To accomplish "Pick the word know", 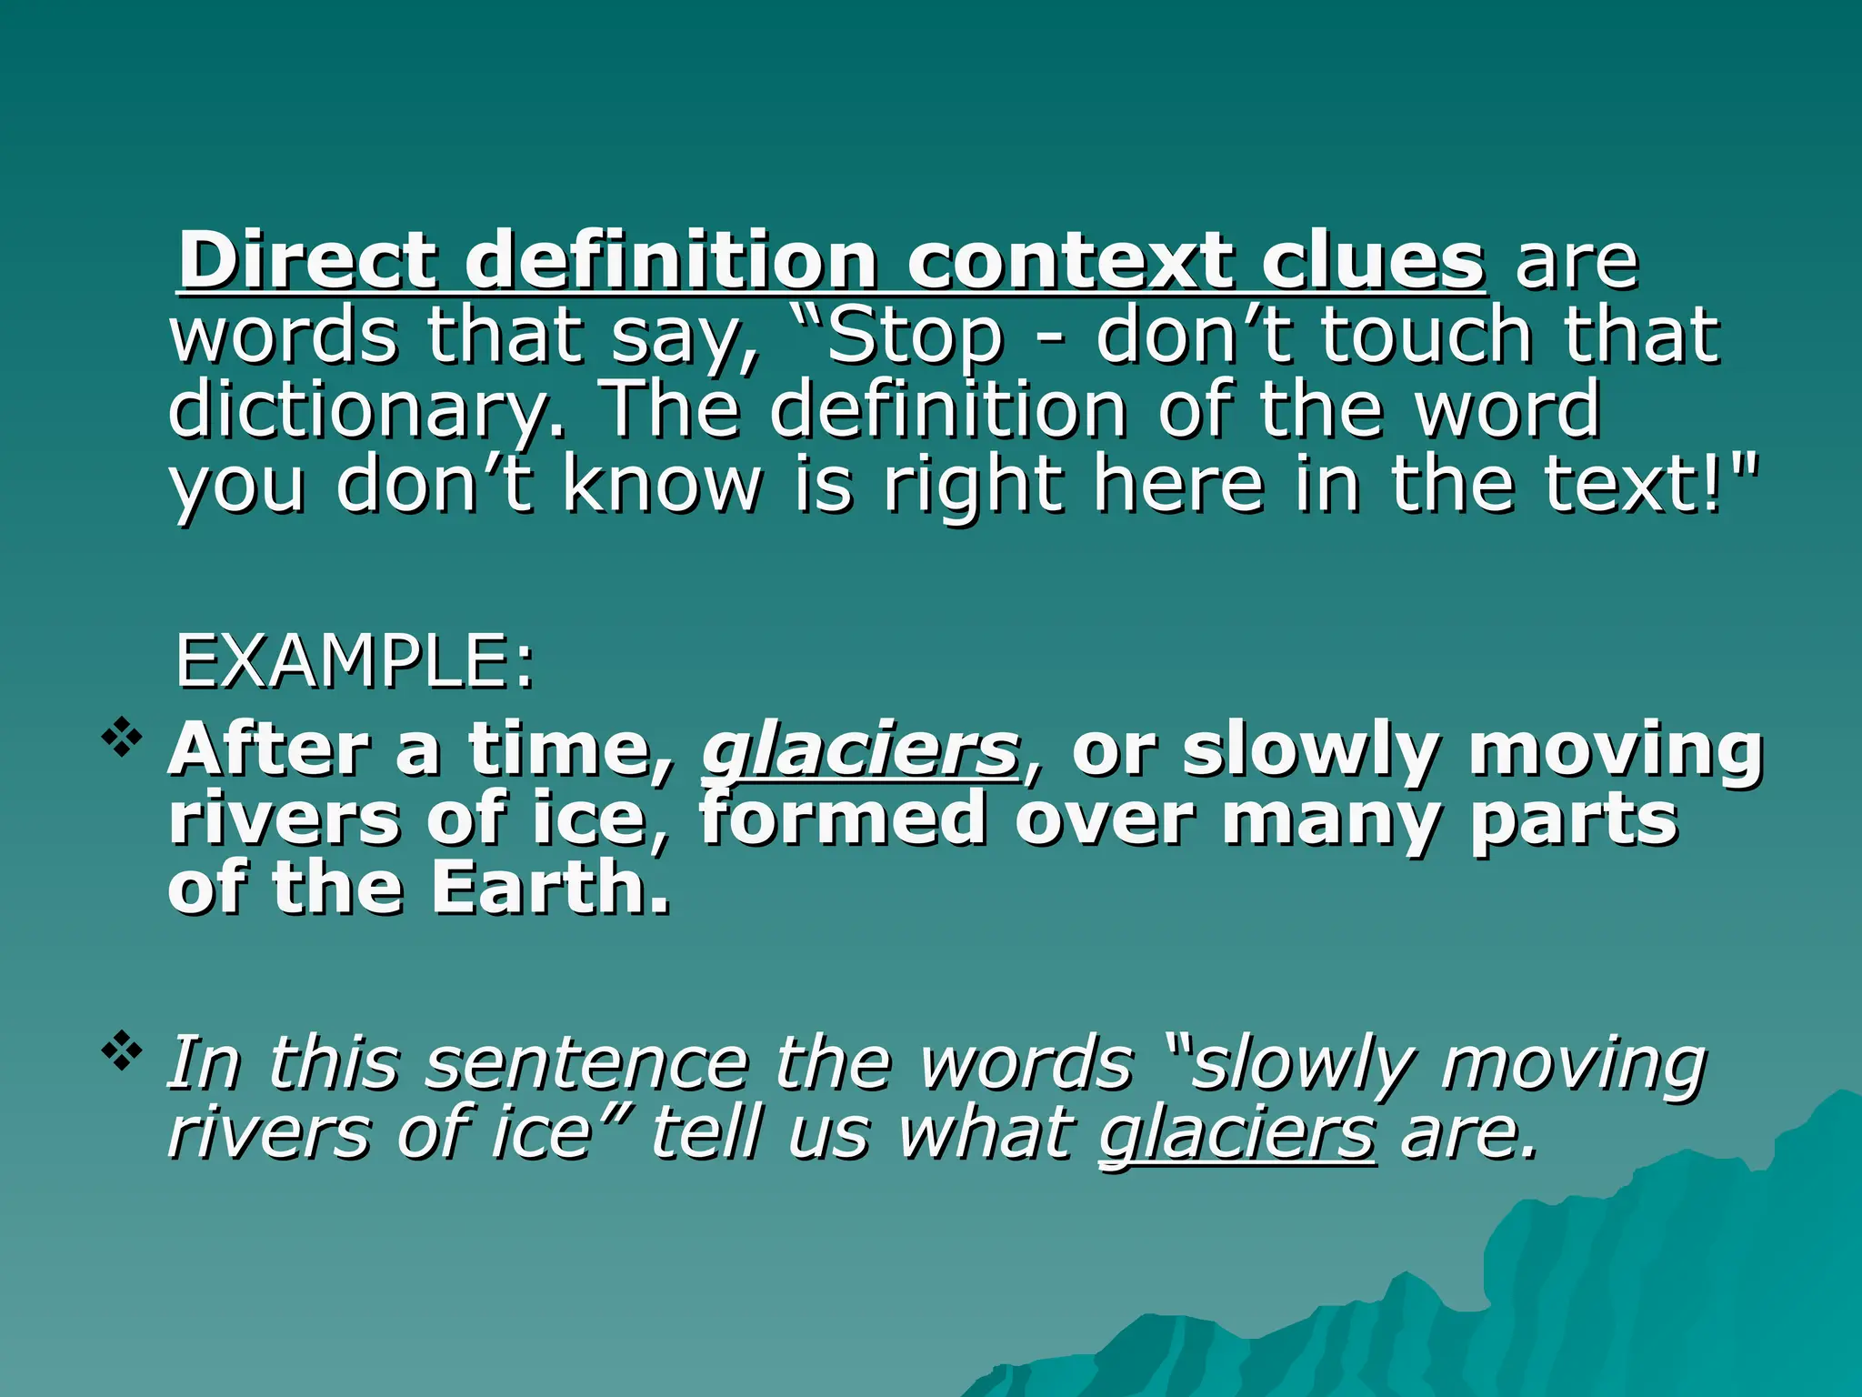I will (662, 484).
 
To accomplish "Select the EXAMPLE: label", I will (355, 662).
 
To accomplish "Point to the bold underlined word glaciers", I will (859, 751).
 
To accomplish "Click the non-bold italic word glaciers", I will (1236, 1134).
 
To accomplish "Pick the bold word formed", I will (842, 819).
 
